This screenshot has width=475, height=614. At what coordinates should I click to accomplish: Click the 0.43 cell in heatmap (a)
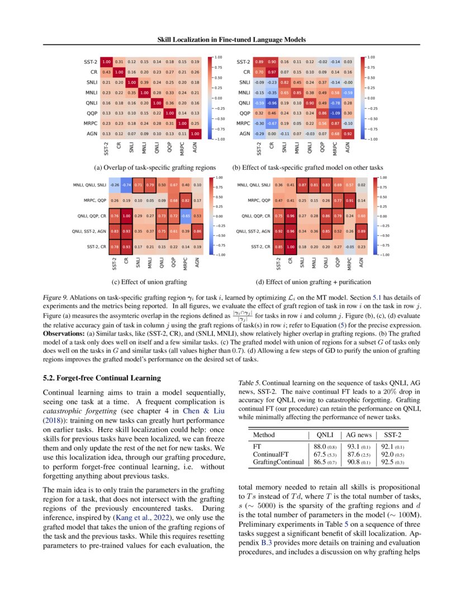click(107, 72)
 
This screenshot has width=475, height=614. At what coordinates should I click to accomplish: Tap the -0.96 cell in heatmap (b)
click(272, 103)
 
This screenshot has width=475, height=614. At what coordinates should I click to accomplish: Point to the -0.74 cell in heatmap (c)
click(127, 185)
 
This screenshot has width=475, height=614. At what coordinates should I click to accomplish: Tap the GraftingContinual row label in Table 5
click(278, 462)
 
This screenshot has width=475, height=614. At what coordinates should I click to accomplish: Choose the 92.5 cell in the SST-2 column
click(393, 462)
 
